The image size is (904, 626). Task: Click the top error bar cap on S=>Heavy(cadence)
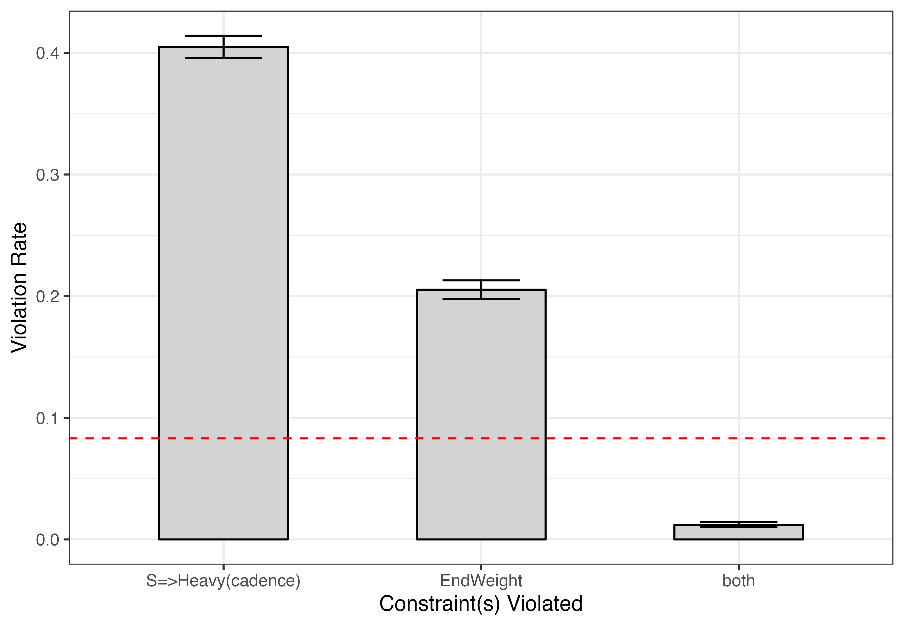pyautogui.click(x=223, y=36)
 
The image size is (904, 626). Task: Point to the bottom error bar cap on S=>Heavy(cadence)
pyautogui.click(x=223, y=58)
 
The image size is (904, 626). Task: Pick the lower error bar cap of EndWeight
pyautogui.click(x=481, y=299)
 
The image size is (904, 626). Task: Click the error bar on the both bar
pyautogui.click(x=738, y=524)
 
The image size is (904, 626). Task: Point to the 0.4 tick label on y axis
pyautogui.click(x=47, y=53)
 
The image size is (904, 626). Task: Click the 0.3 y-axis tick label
pyautogui.click(x=47, y=175)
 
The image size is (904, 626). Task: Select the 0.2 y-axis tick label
pyautogui.click(x=47, y=296)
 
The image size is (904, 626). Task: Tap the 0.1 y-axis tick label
pyautogui.click(x=47, y=418)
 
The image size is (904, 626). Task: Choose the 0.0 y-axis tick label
pyautogui.click(x=47, y=540)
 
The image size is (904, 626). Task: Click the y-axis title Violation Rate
pyautogui.click(x=19, y=288)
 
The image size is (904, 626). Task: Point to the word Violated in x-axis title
pyautogui.click(x=545, y=604)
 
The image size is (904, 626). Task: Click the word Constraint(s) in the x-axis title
pyautogui.click(x=439, y=604)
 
